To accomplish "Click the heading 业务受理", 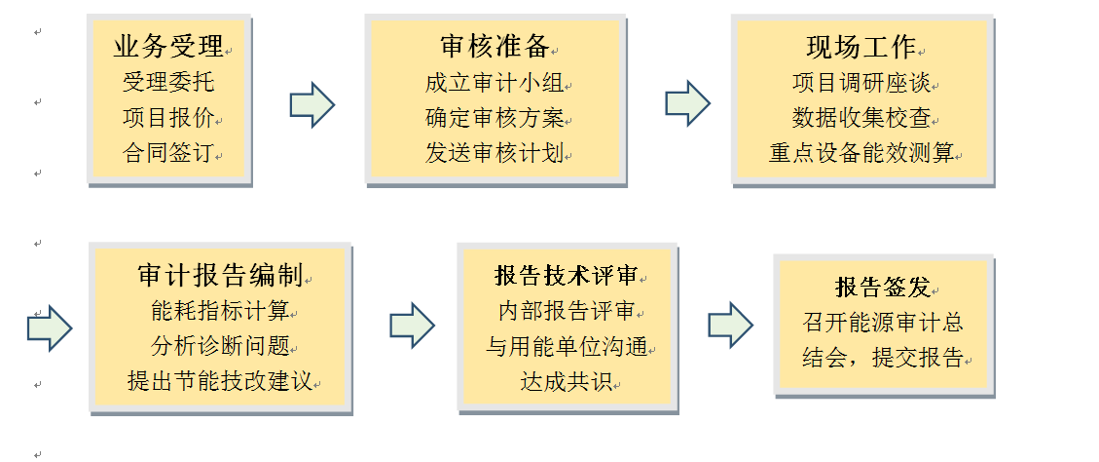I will [168, 45].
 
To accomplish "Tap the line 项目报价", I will [167, 118].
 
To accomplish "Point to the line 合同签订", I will [167, 154].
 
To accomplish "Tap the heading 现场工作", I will [861, 46].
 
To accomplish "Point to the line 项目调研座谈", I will [861, 82].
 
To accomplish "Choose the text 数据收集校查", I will [861, 118].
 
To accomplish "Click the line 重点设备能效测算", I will [861, 154].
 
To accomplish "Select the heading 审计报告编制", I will [220, 275].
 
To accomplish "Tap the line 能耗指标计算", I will [220, 311].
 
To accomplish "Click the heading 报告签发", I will [883, 287].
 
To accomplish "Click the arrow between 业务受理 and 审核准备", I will [312, 104].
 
